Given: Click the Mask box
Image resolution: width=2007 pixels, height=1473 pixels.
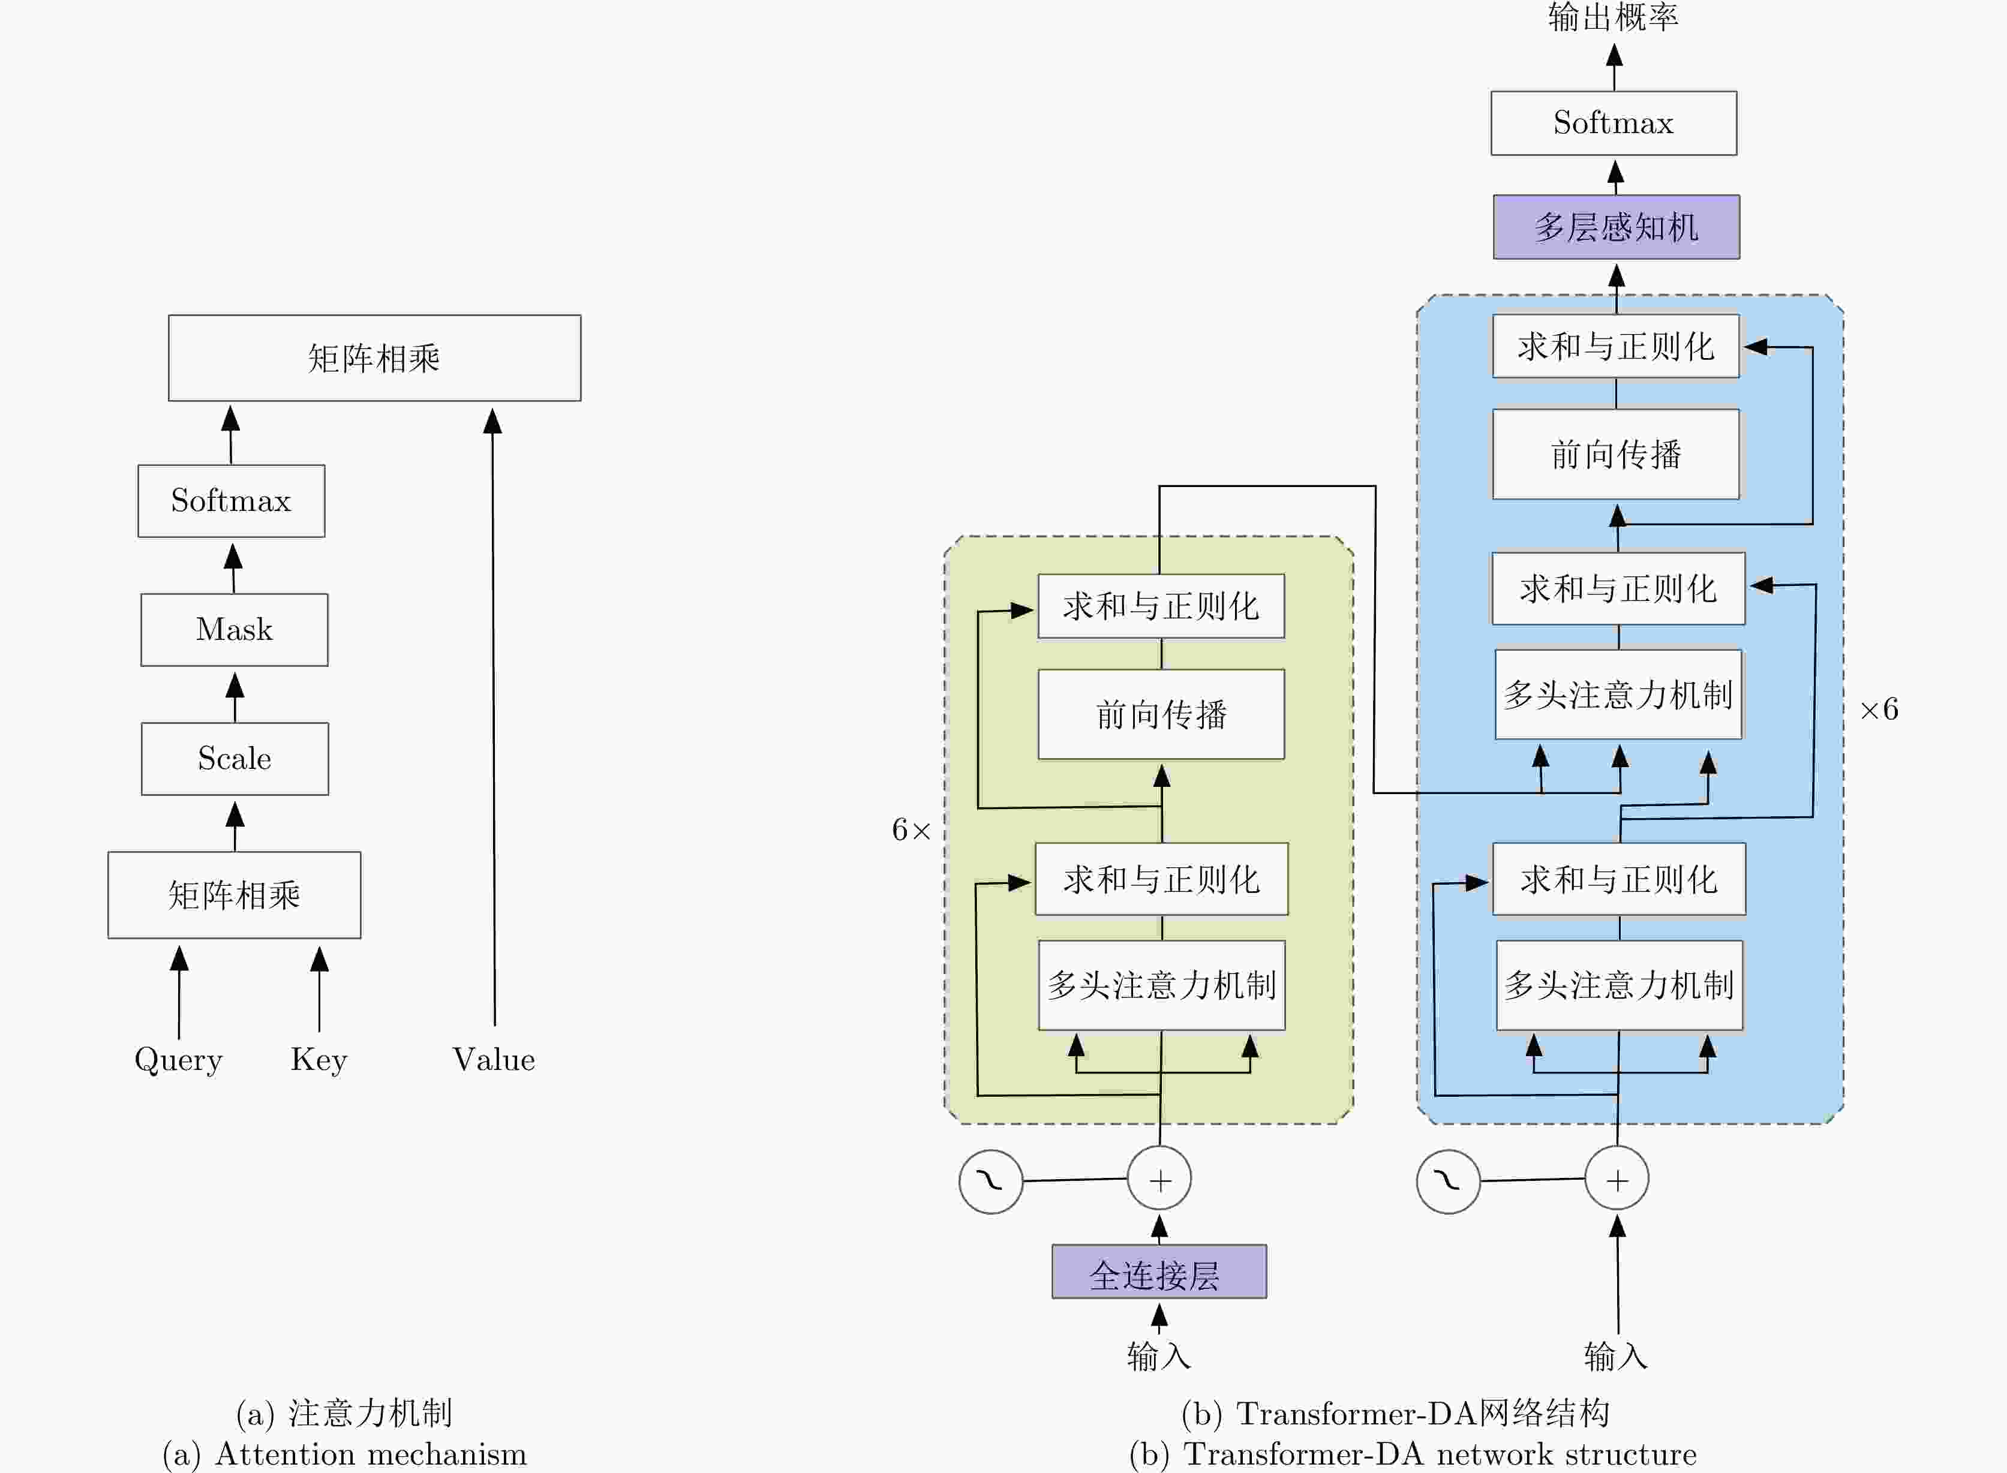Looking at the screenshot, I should coord(235,630).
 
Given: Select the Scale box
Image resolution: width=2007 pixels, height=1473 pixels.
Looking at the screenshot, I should coord(235,759).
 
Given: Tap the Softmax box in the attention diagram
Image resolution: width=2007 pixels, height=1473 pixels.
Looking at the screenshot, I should coord(231,501).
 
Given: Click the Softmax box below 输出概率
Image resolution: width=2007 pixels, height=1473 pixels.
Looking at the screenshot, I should coord(1613,123).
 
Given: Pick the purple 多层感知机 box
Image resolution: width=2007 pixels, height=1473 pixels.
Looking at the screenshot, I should coord(1615,227).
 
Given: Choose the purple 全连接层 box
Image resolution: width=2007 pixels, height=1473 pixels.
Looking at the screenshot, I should coord(1158,1271).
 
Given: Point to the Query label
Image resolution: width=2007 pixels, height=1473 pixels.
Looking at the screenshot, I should coord(178,1059).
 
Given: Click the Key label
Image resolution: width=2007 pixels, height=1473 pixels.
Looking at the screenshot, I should coord(319,1059).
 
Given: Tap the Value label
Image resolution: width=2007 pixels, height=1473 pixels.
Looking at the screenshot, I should coord(493,1059).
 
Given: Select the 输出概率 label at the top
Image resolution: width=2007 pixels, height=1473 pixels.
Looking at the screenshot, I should coord(1613,18).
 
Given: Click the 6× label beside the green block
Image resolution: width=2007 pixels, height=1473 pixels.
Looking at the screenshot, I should coord(911,830).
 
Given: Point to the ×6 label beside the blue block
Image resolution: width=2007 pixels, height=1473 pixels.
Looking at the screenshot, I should coord(1879,710).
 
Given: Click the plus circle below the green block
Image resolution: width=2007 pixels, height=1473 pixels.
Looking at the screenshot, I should coord(1159,1180).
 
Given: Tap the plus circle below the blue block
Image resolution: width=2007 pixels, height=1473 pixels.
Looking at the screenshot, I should coord(1617,1180).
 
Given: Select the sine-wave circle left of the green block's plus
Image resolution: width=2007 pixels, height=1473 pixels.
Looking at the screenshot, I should coord(990,1182).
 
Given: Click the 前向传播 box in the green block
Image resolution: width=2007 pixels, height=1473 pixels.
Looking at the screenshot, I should coord(1161,714).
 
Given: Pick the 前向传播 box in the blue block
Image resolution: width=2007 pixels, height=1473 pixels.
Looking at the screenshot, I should coord(1615,455).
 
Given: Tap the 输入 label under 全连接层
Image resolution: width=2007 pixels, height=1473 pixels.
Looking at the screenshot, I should coord(1158,1356).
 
